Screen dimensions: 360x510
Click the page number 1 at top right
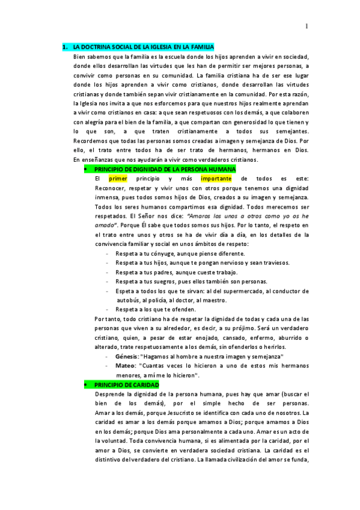307,26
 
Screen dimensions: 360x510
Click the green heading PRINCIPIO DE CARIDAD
126,384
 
